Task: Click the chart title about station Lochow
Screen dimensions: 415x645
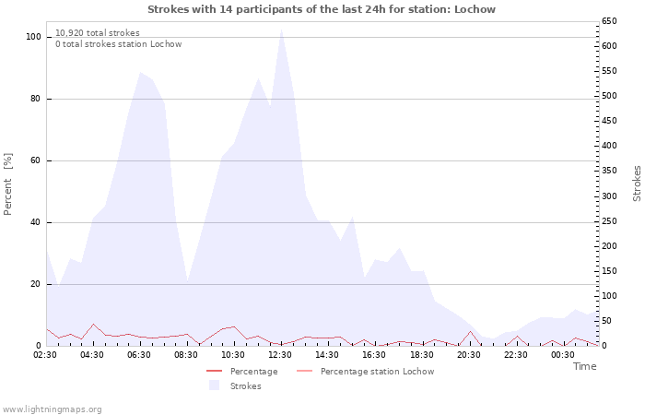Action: (x=322, y=9)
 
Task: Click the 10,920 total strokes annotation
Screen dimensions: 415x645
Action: (x=97, y=32)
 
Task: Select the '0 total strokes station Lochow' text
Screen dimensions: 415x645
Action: (x=118, y=44)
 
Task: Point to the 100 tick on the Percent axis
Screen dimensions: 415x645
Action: (x=34, y=37)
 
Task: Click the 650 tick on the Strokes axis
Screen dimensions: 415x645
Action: (x=609, y=20)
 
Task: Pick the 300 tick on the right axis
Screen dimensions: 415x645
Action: (x=609, y=196)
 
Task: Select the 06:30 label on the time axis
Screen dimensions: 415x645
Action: (x=140, y=355)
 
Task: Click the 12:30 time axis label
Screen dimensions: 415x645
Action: (x=280, y=355)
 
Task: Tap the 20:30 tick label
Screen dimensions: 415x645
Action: (x=468, y=355)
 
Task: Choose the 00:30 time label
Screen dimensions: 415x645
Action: (x=562, y=355)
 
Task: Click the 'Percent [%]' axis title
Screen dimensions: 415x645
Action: (x=8, y=184)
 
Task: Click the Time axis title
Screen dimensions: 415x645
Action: (x=584, y=366)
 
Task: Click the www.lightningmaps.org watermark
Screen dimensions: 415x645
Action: (x=52, y=409)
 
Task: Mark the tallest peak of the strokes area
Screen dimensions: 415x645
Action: (x=281, y=30)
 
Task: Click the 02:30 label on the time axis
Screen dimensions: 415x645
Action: (x=46, y=355)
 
